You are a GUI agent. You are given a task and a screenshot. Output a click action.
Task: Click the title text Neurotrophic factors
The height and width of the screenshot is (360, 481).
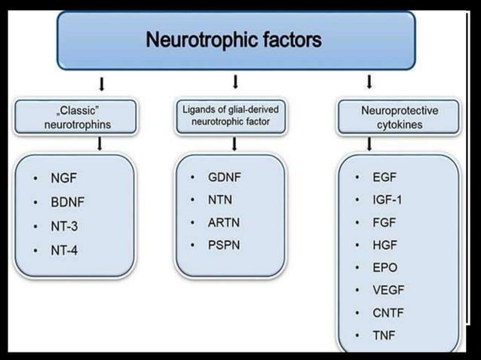tap(234, 39)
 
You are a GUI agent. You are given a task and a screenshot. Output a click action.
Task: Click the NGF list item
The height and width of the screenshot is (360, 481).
tap(63, 180)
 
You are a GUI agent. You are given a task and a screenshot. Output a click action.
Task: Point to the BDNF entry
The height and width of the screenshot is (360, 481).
tap(66, 203)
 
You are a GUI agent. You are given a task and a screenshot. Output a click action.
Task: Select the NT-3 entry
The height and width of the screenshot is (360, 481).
tap(64, 226)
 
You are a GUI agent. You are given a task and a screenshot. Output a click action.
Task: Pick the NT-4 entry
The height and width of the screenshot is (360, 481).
tap(64, 249)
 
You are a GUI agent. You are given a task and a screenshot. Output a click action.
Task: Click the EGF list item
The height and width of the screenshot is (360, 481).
tap(384, 178)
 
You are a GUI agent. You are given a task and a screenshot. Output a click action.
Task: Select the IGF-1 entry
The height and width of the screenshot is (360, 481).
tap(388, 200)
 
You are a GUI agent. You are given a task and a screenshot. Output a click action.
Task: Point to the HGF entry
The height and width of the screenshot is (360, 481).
tap(384, 245)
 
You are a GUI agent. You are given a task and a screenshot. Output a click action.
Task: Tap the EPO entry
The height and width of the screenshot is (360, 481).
tap(384, 267)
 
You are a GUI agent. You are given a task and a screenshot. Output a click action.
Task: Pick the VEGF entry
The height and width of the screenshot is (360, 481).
tap(388, 290)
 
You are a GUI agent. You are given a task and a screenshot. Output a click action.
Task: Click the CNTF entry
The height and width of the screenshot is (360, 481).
tap(388, 312)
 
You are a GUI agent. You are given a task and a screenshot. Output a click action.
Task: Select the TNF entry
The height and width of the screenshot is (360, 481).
tap(384, 334)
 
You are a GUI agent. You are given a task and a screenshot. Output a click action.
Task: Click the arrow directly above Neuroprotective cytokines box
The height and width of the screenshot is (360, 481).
tap(369, 81)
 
